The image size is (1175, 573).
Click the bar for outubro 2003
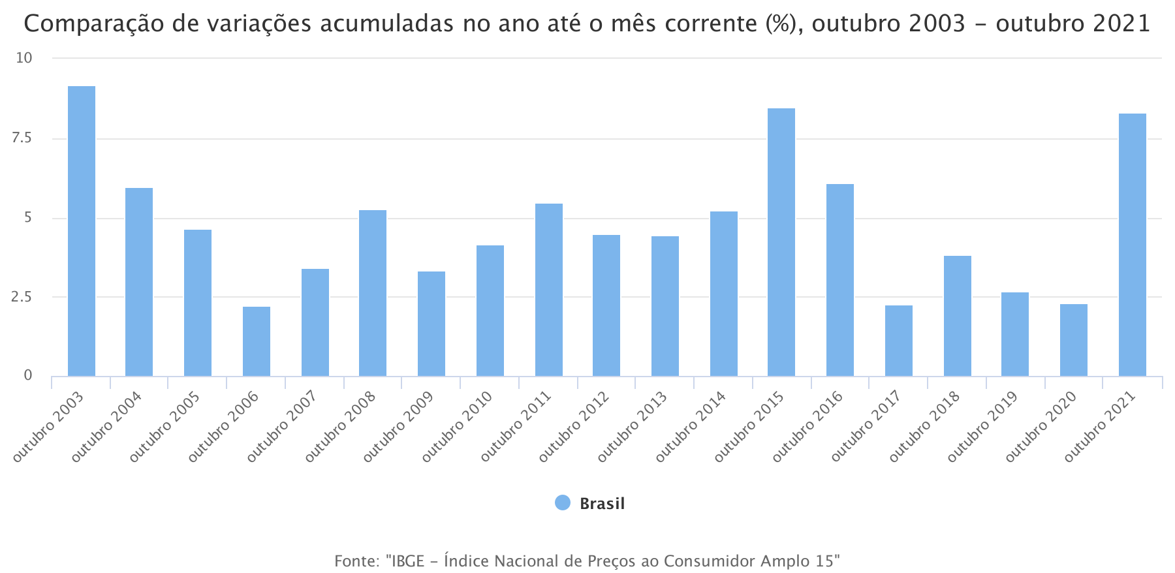[82, 231]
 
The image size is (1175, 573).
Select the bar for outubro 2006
[257, 341]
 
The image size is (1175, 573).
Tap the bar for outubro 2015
[781, 242]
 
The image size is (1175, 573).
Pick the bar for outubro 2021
[1133, 245]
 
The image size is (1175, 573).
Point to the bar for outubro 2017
[899, 341]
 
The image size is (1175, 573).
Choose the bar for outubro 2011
[549, 290]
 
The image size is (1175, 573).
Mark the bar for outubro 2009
[431, 324]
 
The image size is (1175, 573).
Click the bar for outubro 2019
[1015, 334]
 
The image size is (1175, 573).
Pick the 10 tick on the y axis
[23, 58]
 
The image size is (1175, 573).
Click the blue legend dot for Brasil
[563, 503]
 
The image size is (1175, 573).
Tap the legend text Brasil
[602, 504]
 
